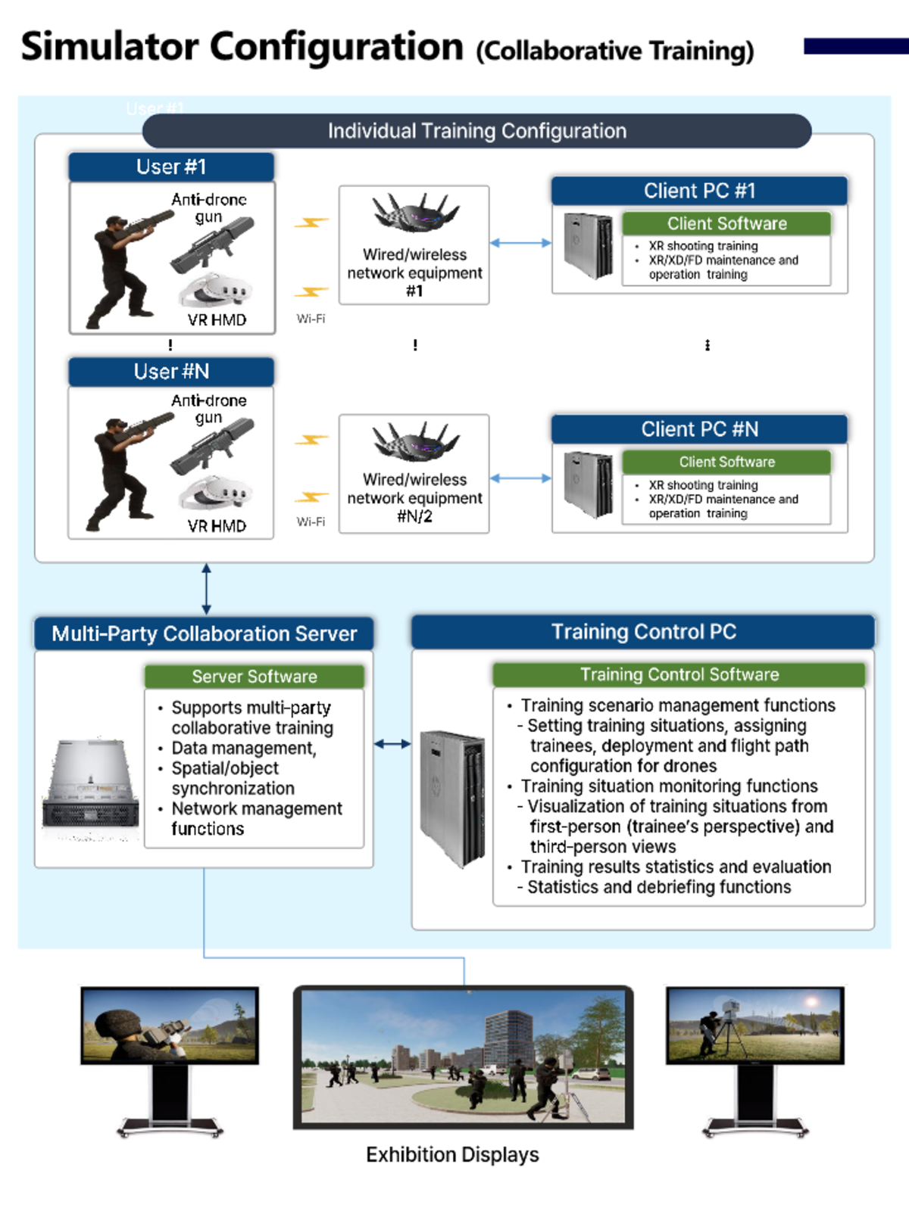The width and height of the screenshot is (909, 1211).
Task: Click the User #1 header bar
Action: [x=171, y=167]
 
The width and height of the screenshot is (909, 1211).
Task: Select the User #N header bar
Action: [x=171, y=372]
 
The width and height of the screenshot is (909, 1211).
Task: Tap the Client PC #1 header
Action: [x=699, y=191]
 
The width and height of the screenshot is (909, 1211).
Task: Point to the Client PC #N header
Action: [x=699, y=429]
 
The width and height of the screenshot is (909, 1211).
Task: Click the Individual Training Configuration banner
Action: [x=476, y=131]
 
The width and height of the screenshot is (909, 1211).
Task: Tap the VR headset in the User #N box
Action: [x=215, y=493]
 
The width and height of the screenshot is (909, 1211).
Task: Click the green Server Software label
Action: [x=255, y=677]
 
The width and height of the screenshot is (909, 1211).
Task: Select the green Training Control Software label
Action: [x=679, y=674]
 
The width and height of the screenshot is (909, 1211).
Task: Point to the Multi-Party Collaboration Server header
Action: [x=204, y=634]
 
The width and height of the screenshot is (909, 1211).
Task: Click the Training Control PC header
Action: [x=643, y=632]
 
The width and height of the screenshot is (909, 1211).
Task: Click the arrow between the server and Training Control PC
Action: [x=392, y=744]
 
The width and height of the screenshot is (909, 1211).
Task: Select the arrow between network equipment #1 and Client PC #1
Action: [x=520, y=243]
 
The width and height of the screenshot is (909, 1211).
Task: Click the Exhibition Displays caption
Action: [x=452, y=1154]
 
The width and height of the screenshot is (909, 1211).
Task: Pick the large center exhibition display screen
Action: [x=464, y=1057]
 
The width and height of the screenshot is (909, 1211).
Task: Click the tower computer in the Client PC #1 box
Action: [x=588, y=246]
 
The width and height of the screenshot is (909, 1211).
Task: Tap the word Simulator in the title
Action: [x=110, y=47]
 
